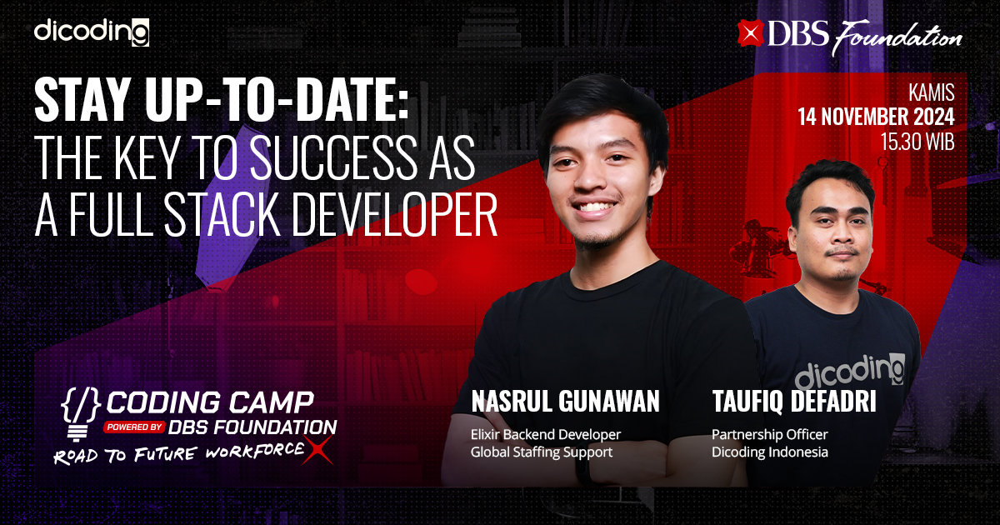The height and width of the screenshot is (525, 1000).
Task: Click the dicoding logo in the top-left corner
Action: (92, 32)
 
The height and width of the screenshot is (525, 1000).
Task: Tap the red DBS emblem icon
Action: (751, 32)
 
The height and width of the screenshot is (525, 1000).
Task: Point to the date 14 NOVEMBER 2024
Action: (876, 117)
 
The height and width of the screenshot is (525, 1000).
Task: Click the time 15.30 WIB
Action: (917, 142)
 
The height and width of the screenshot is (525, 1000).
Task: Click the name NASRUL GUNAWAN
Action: (565, 402)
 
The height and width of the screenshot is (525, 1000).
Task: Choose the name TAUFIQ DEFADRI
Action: (793, 402)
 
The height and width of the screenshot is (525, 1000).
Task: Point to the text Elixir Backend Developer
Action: (546, 434)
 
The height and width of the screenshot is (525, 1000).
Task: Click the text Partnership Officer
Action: (769, 434)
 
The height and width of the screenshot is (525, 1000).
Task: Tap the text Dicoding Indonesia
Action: (769, 452)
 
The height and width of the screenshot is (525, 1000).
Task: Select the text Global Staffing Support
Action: (541, 452)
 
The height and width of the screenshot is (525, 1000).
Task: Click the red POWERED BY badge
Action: (133, 427)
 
